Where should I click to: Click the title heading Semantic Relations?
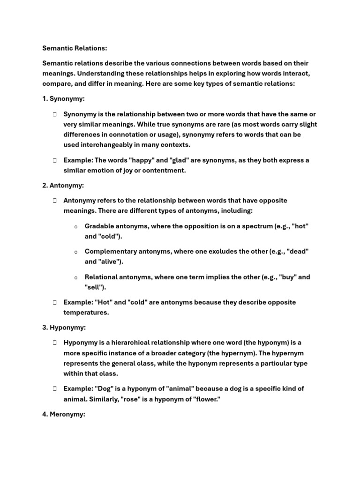coord(75,48)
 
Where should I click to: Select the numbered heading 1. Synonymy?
coord(64,99)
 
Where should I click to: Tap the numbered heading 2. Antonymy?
coord(63,186)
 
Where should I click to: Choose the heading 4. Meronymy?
coord(64,414)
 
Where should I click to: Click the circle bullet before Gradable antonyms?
coord(75,226)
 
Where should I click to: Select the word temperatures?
coord(86,312)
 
